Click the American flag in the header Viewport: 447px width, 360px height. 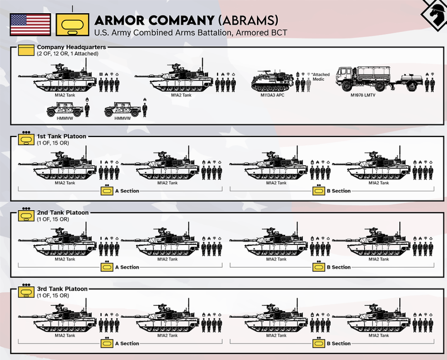coord(30,25)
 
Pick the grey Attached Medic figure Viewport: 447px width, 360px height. coord(308,84)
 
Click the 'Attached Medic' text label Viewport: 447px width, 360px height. coord(320,77)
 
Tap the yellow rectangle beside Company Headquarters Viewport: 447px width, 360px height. coord(26,50)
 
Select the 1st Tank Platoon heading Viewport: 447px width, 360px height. coord(62,136)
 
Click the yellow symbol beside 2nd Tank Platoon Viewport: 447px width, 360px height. coord(26,216)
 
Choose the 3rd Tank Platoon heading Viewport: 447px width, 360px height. coord(62,289)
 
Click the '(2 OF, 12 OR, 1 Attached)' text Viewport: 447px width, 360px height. coord(67,54)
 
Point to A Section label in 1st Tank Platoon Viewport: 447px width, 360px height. coord(127,191)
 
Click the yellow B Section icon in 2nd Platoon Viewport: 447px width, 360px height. coord(319,267)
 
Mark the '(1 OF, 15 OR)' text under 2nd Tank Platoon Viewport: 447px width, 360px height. coord(53,219)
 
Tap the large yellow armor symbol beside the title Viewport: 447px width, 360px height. coord(72,24)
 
